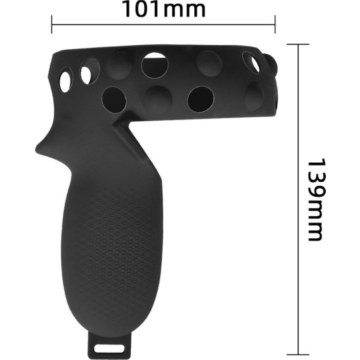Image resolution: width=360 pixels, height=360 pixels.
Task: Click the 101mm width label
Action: (x=164, y=9)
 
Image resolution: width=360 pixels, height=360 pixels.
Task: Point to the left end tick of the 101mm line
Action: (x=52, y=24)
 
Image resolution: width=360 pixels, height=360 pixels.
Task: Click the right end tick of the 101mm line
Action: (x=275, y=24)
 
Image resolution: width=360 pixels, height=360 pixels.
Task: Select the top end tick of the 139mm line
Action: (x=298, y=44)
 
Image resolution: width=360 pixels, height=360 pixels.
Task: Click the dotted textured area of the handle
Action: (x=120, y=248)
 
